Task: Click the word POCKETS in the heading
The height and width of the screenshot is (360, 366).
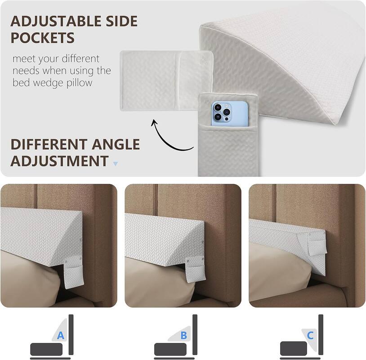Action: click(42, 38)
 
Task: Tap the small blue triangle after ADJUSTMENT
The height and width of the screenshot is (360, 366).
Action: click(116, 163)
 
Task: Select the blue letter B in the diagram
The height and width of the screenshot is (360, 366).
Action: click(183, 335)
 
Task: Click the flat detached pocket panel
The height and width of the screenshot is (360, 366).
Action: click(160, 80)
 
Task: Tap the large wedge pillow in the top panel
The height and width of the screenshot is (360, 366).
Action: click(288, 67)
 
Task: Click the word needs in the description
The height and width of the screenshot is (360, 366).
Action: click(27, 71)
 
